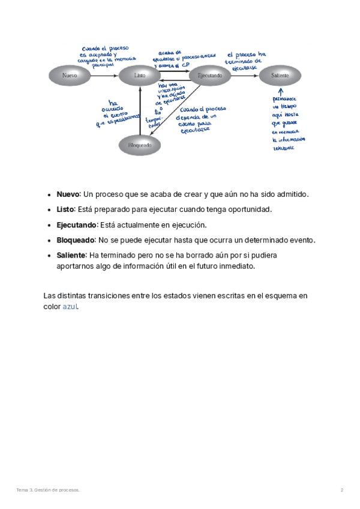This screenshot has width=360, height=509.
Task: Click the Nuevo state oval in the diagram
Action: coord(70,76)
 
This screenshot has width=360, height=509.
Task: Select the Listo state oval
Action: coord(140,76)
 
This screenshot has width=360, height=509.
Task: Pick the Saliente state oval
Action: coord(280,76)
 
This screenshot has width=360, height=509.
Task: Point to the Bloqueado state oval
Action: coord(140,145)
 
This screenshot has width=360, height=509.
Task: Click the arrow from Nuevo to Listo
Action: coord(105,76)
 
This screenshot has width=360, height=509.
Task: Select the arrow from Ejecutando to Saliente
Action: coord(244,76)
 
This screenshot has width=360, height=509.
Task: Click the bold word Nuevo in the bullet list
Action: coord(68,194)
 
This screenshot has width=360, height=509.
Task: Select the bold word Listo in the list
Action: coord(65,209)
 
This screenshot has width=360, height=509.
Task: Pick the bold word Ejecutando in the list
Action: coord(76,225)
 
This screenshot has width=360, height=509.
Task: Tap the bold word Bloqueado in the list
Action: coord(76,240)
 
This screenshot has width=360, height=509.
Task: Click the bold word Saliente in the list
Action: coord(71,255)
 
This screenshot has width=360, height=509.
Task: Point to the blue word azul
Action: coord(70,307)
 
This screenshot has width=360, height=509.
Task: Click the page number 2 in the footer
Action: coord(342,490)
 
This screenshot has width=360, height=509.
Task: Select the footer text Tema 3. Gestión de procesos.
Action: coord(48,490)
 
